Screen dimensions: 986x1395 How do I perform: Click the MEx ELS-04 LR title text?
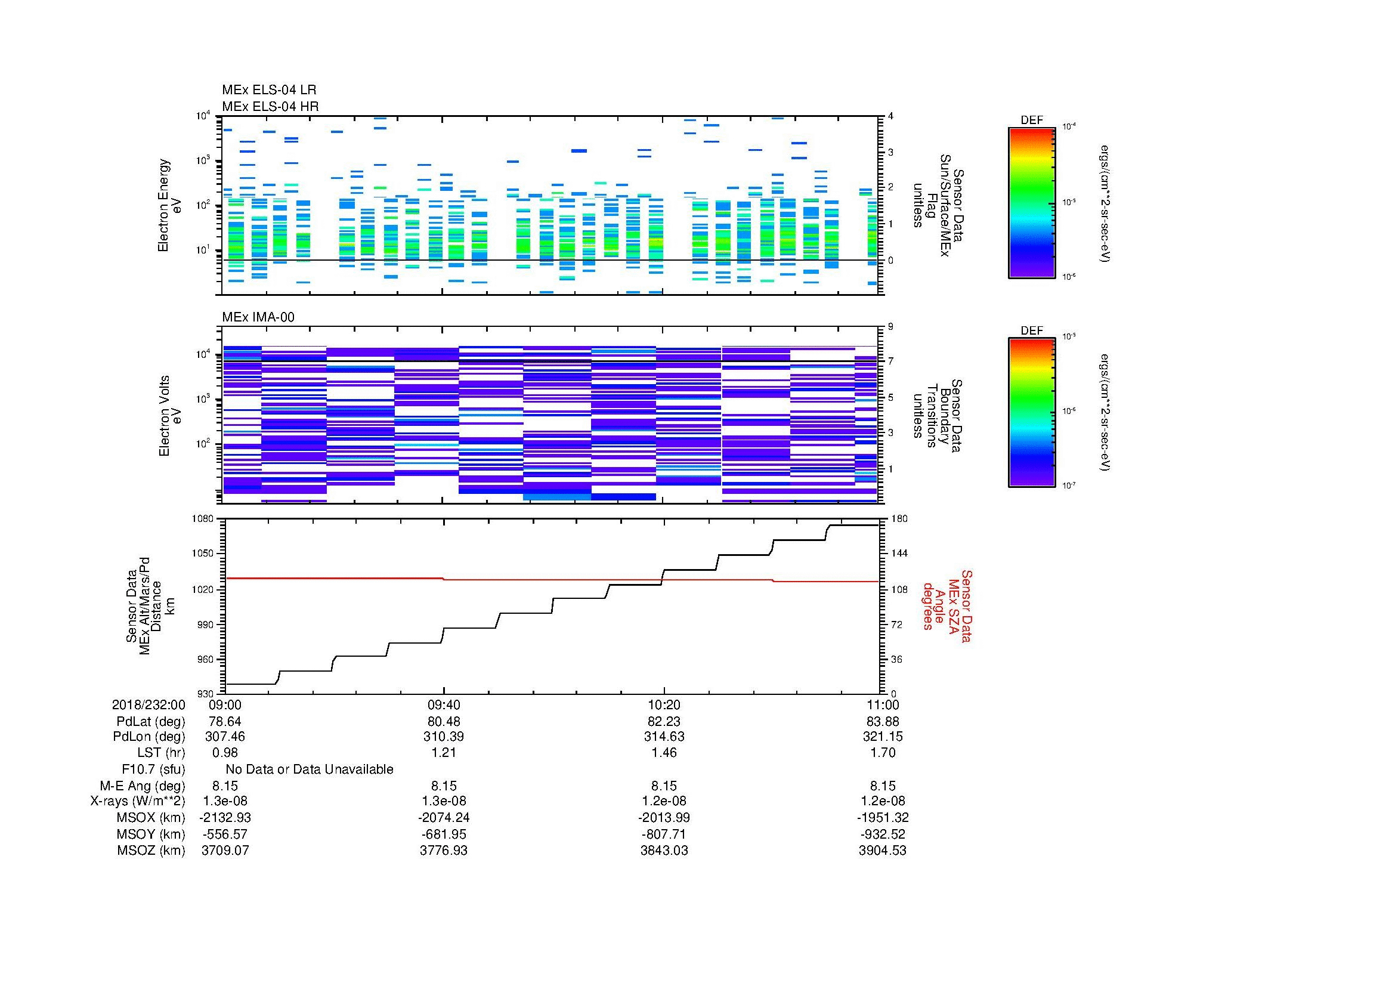[268, 90]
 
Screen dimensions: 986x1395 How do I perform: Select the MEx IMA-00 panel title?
[258, 317]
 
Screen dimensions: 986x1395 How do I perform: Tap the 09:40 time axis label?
[444, 704]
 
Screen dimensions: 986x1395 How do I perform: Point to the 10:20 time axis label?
[664, 704]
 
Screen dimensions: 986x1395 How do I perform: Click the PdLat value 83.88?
[882, 721]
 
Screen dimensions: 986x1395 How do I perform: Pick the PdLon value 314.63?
[664, 736]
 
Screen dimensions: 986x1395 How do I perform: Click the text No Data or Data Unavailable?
[310, 769]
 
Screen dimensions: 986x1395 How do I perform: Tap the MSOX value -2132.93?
[225, 818]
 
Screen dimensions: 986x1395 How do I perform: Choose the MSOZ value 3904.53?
[882, 851]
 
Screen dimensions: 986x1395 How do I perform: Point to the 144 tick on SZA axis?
[898, 554]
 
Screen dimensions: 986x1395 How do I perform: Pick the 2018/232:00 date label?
[149, 704]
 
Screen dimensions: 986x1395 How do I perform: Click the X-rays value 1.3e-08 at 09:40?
[444, 801]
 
